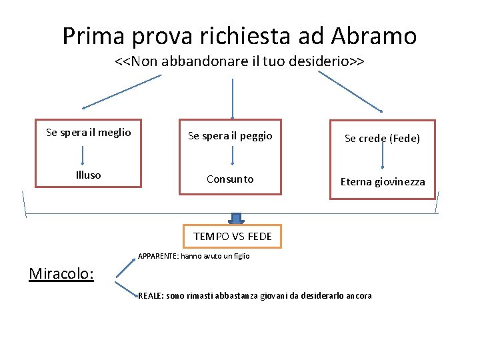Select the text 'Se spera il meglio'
point(89,133)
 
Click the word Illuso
point(89,175)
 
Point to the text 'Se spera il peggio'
point(230,136)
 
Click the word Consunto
point(230,179)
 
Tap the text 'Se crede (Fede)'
point(382,139)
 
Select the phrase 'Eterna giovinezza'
point(383,181)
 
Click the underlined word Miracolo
point(61,273)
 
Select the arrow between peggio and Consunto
point(232,155)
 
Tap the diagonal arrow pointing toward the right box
point(351,92)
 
